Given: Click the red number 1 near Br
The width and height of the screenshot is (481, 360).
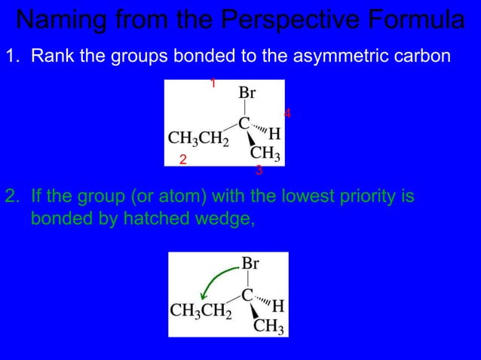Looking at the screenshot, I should coord(213,84).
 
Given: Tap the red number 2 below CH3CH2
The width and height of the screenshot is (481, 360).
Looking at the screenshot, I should coord(182,160).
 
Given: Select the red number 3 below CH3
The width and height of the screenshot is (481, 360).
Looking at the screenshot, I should coord(259,171).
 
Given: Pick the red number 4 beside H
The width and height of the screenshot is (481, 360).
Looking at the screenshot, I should coord(287,114).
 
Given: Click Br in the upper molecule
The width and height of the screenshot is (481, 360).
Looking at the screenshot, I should coord(247,94).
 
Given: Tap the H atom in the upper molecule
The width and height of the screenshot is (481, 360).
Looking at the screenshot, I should coord(275,134).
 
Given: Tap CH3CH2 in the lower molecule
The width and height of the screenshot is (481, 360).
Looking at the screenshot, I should coord(201,310).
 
